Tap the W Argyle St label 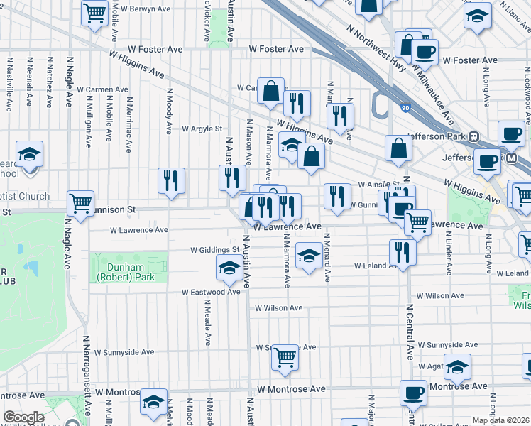pos(202,129)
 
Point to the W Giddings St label pos(216,250)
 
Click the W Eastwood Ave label pos(211,292)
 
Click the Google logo pos(23,417)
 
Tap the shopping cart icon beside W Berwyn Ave pos(94,13)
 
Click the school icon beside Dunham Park pos(229,267)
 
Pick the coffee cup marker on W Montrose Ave pos(413,393)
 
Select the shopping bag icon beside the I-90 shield pos(399,147)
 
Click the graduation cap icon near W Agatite pos(458,367)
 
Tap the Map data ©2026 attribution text pos(500,420)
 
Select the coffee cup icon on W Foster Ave pos(425,52)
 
